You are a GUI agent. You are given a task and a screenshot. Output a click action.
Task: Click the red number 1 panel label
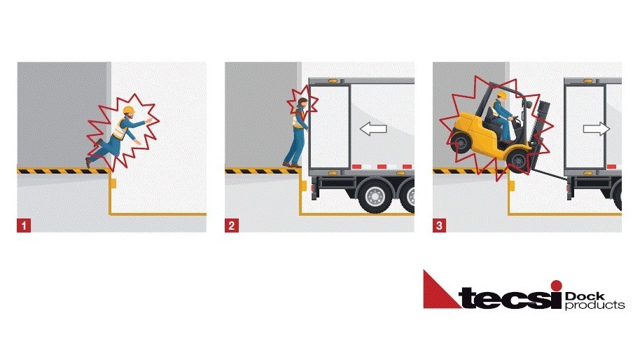point(25,226)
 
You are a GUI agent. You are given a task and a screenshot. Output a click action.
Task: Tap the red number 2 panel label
point(232,226)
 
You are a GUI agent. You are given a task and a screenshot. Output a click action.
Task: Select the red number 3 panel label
point(440,226)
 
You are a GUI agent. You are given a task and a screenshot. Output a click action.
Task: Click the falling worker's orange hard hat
point(127,111)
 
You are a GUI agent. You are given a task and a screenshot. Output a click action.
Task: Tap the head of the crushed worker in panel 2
point(302,103)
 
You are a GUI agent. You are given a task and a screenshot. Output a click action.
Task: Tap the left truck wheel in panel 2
point(371,198)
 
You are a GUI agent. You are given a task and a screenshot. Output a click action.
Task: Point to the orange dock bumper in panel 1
point(112,184)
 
